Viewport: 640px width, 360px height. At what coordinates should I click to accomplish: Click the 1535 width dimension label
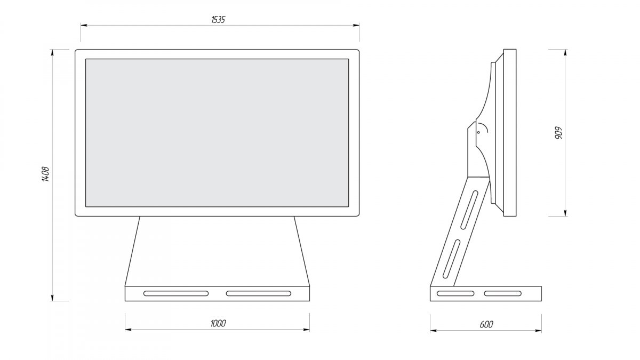218,19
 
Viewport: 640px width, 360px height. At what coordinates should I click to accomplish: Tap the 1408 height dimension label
46,174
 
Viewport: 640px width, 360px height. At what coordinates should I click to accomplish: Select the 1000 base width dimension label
218,323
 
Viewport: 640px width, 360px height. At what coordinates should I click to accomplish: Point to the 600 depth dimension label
486,324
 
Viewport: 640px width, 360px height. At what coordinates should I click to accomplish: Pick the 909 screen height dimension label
558,133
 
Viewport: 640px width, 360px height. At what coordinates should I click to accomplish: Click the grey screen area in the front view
217,133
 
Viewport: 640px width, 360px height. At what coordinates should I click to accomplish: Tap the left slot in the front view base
176,293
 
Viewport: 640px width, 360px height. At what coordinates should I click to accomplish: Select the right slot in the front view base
259,293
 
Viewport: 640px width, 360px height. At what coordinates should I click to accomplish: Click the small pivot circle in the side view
478,132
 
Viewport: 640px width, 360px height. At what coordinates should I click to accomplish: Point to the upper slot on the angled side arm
469,210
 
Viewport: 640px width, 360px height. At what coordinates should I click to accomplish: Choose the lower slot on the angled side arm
451,259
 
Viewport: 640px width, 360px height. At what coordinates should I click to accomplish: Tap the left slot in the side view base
455,293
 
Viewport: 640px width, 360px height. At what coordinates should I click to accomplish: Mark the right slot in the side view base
502,293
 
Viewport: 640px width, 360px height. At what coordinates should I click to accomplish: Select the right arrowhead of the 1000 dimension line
306,330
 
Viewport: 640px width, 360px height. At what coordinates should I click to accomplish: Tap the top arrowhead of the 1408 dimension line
52,53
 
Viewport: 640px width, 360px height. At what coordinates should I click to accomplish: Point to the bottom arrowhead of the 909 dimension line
565,213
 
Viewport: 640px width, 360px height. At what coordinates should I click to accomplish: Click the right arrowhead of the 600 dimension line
538,331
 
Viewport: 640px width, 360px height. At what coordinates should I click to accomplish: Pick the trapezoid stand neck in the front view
217,251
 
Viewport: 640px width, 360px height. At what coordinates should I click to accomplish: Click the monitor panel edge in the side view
510,133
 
